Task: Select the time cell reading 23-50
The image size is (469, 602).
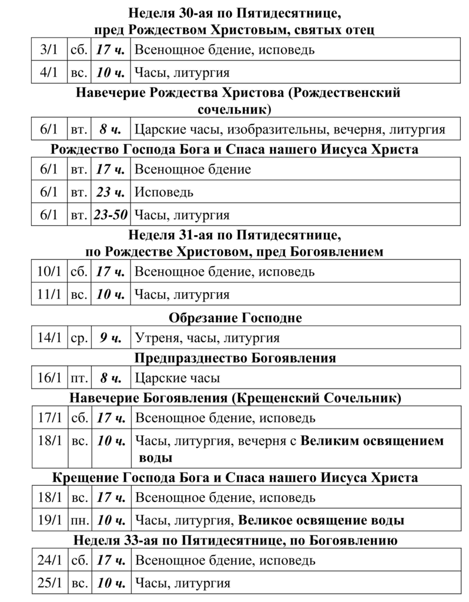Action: click(x=110, y=215)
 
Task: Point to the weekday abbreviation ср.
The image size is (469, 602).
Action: click(x=79, y=338)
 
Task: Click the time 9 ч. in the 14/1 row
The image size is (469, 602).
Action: click(x=110, y=338)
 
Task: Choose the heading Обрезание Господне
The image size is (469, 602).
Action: click(x=235, y=318)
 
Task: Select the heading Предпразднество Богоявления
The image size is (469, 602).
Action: click(x=235, y=358)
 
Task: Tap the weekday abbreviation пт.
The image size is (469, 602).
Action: click(x=79, y=378)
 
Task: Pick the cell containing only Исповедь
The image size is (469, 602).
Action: click(x=164, y=192)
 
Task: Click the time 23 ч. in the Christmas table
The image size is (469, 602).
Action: click(x=110, y=192)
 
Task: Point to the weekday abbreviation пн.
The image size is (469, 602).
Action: click(x=79, y=520)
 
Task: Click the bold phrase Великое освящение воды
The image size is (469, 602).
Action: click(x=321, y=520)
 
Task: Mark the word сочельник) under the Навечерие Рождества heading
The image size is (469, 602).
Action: click(x=235, y=109)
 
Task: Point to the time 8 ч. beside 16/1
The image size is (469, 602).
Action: click(x=110, y=378)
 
